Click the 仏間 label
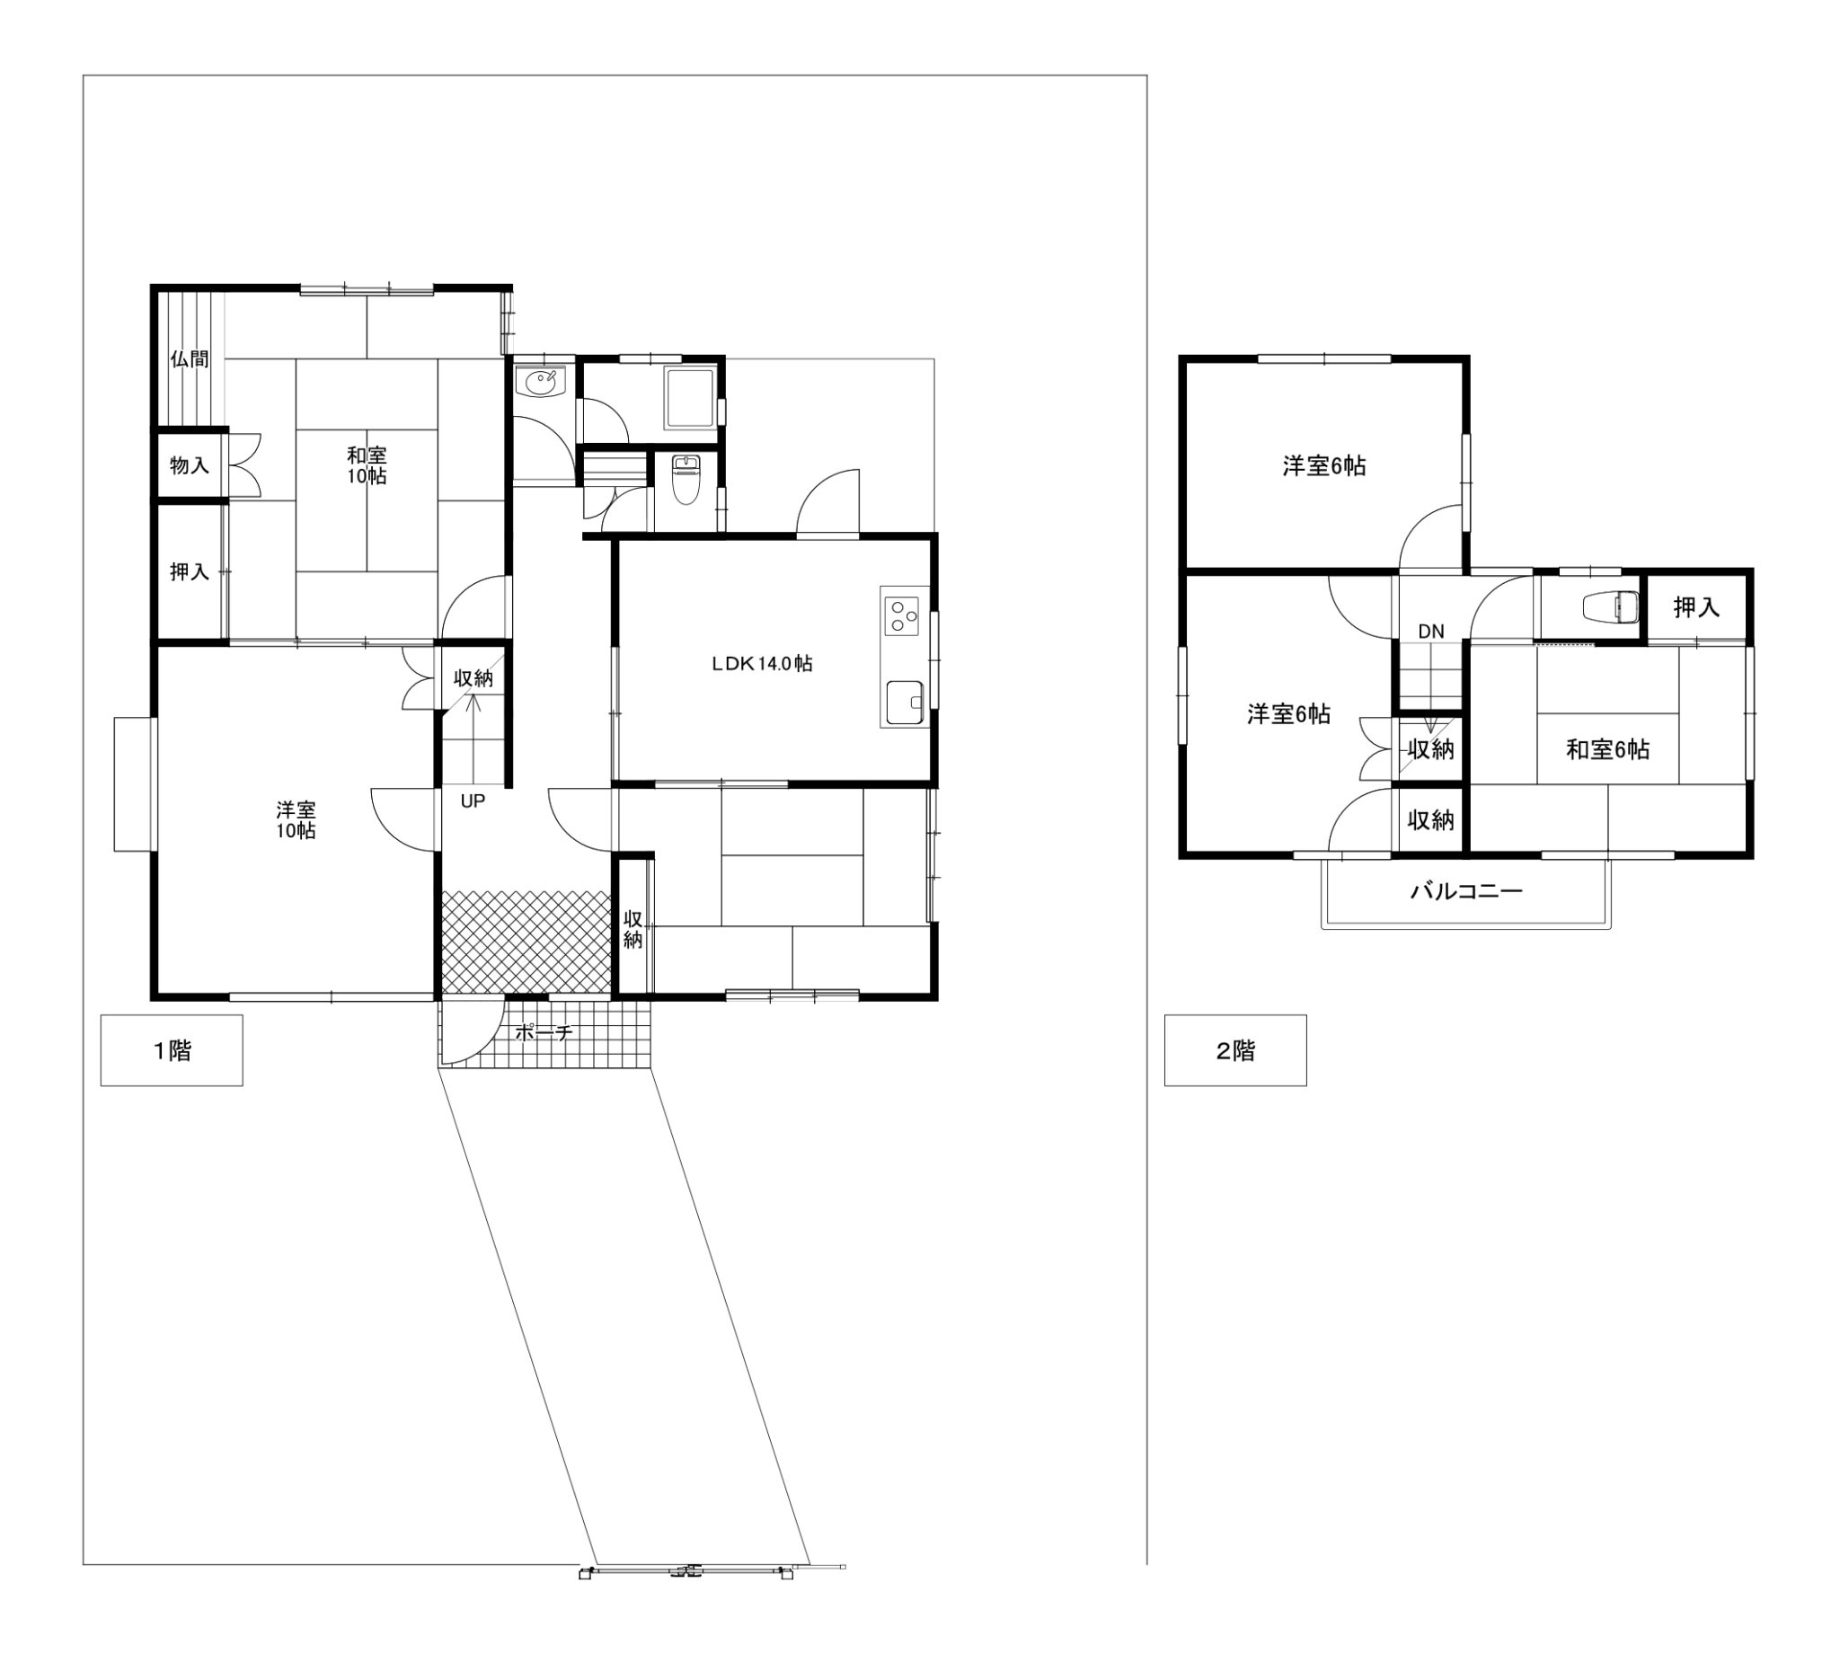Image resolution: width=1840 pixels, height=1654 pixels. (x=189, y=359)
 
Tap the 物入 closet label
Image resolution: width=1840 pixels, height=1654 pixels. (x=189, y=465)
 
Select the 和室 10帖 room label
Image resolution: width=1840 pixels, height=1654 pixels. (x=367, y=465)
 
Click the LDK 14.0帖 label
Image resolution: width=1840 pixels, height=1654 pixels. (x=762, y=663)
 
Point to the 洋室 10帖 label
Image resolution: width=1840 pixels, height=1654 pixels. (x=296, y=819)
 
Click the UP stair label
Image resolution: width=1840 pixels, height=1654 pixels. (x=473, y=801)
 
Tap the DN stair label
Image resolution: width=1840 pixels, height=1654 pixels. (x=1431, y=632)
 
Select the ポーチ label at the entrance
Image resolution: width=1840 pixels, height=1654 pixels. (x=544, y=1032)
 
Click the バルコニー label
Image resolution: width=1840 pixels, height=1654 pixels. (x=1465, y=890)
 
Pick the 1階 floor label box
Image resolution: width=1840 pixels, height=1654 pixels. (x=172, y=1050)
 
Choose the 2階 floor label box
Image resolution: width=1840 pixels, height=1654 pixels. (x=1235, y=1050)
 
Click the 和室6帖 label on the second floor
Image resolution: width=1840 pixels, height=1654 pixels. (x=1607, y=750)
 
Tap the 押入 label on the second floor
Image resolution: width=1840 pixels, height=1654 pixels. (x=1696, y=607)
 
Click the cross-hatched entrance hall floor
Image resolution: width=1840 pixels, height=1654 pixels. (x=526, y=942)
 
